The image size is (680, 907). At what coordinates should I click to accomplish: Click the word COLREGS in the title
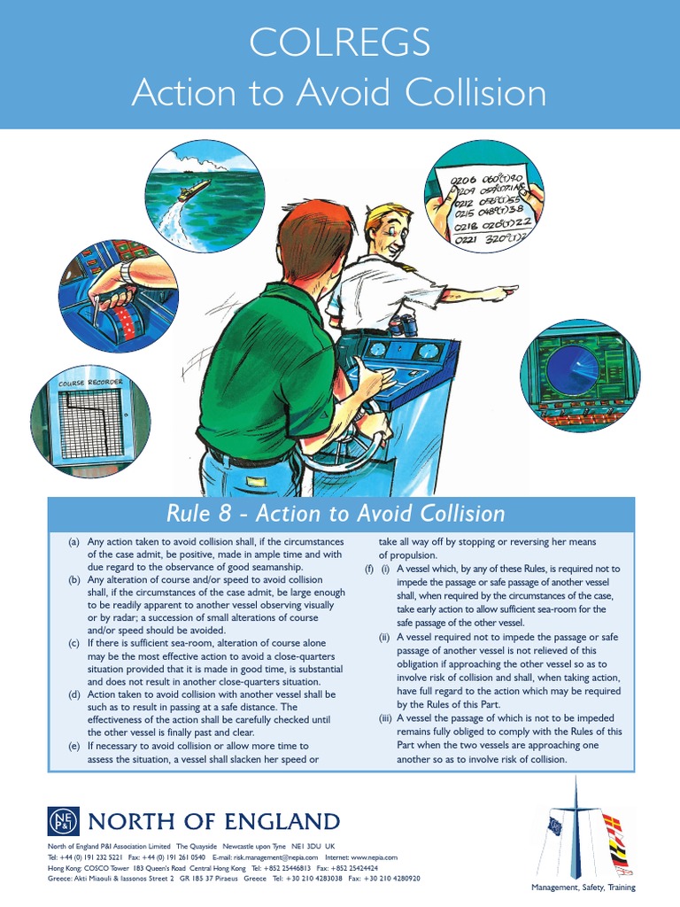(340, 42)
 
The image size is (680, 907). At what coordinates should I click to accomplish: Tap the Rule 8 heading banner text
(336, 514)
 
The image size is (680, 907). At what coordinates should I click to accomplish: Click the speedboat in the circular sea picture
(194, 189)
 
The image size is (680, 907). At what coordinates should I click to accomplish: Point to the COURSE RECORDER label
(89, 384)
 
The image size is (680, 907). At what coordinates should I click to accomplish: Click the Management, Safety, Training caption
(583, 887)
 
